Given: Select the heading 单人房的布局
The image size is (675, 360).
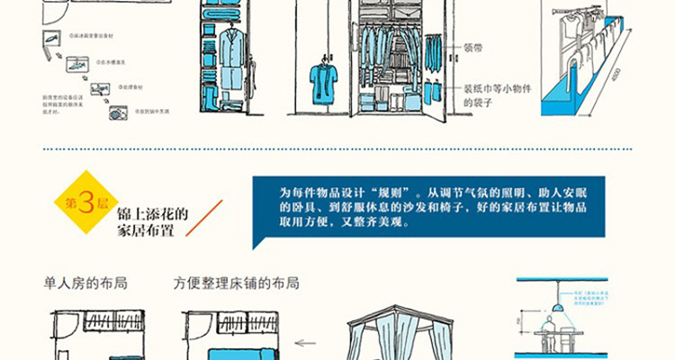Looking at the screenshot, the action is coord(85,283).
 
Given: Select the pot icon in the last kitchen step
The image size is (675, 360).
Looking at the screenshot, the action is coord(117,113).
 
